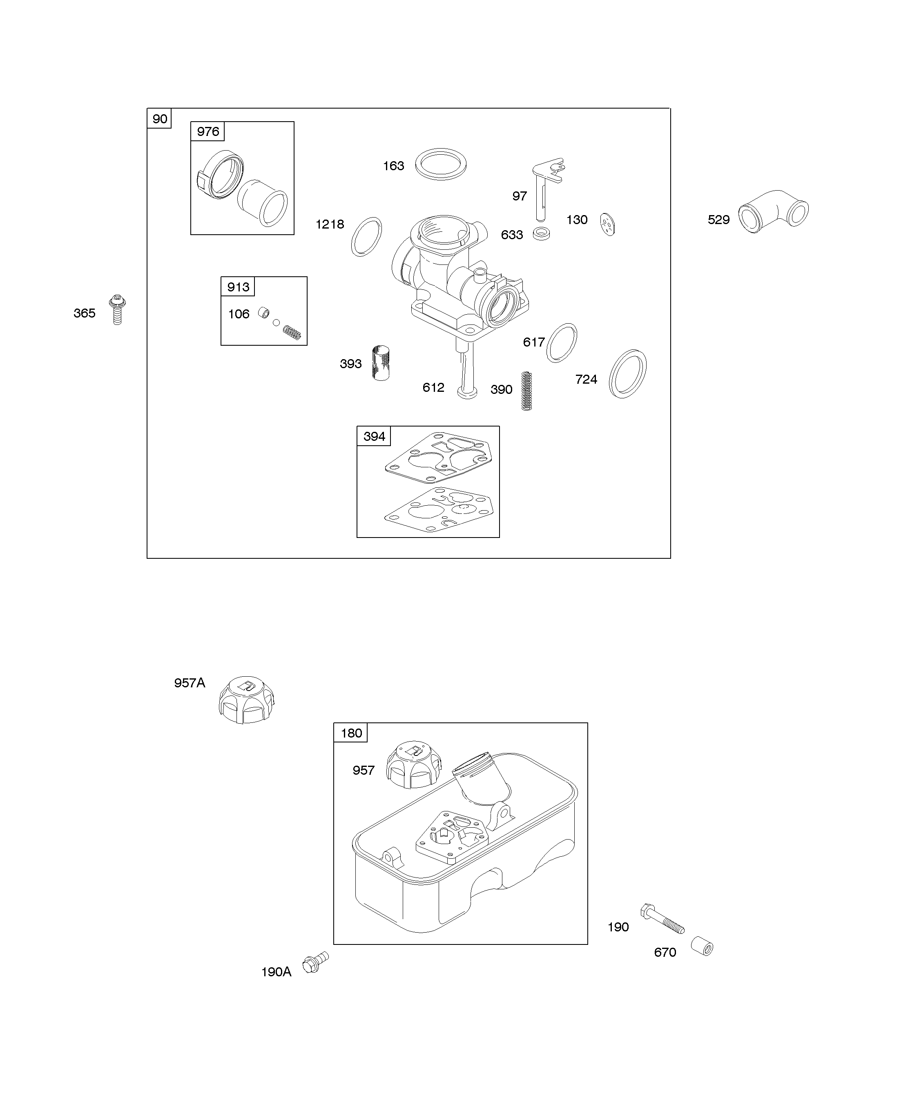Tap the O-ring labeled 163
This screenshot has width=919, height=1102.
[441, 164]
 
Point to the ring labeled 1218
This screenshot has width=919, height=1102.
[366, 237]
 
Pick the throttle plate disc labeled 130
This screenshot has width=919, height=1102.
[608, 224]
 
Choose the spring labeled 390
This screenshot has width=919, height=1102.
[526, 391]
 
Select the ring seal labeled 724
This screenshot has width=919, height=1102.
[627, 373]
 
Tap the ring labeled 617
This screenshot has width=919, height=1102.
[561, 343]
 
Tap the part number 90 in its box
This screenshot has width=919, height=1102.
[160, 119]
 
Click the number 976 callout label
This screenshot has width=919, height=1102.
[208, 132]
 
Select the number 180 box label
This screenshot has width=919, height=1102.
[351, 733]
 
